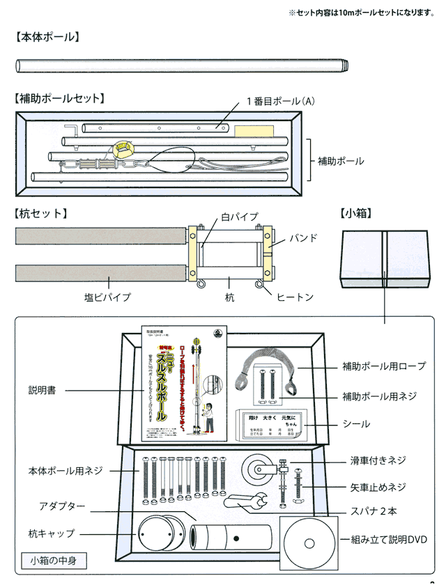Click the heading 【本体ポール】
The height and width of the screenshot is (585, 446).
tap(47, 38)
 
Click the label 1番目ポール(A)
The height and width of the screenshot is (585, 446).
tap(281, 101)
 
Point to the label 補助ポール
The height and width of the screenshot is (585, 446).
tap(341, 161)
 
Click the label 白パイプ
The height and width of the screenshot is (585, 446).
tap(240, 217)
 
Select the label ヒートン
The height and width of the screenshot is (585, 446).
tap(295, 297)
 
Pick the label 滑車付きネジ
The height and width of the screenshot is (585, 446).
tap(378, 461)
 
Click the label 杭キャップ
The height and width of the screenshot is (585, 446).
tap(52, 533)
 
